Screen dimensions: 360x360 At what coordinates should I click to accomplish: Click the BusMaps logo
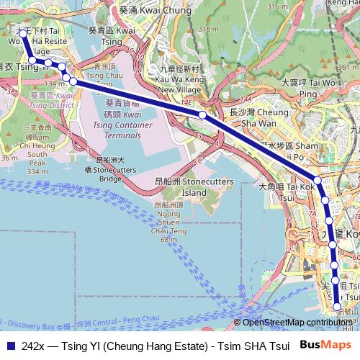click(330, 345)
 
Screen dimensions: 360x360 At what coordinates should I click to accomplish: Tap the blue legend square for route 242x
click(9, 346)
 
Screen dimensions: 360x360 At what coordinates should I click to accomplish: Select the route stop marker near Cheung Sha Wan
click(203, 114)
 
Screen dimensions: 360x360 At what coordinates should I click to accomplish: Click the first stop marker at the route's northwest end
click(22, 33)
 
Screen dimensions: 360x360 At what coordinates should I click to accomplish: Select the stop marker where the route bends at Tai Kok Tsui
click(317, 181)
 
